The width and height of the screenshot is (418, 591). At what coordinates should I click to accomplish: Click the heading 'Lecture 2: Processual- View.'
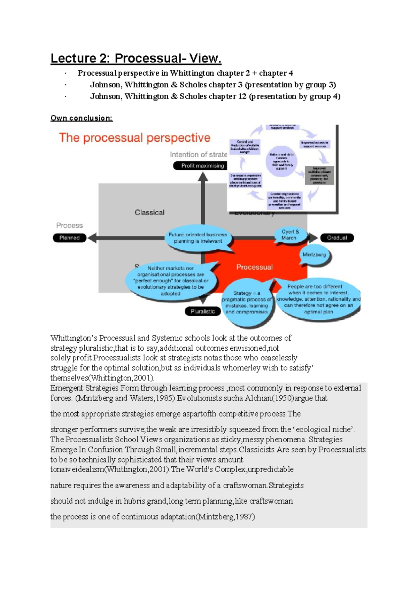pos(136,58)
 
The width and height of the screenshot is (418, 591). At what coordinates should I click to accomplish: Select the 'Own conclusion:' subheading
pos(82,118)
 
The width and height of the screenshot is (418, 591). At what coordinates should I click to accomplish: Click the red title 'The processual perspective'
pos(134,138)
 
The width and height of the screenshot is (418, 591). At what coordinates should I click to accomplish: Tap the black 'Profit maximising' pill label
pos(201,166)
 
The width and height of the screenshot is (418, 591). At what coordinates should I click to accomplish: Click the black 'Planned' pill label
pos(69,238)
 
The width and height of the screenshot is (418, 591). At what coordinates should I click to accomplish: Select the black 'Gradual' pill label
pos(337,238)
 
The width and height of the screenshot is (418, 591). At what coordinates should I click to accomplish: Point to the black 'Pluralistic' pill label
pos(203,311)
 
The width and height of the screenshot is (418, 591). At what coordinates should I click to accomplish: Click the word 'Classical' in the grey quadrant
pos(149,212)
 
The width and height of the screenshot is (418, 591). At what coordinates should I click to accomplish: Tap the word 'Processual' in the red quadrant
pos(254,267)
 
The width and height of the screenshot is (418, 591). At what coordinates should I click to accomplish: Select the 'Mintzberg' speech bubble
pos(314,255)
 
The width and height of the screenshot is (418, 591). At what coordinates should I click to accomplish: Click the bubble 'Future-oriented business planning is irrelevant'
pos(198,238)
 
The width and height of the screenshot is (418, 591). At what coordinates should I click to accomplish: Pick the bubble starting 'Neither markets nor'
pos(171,281)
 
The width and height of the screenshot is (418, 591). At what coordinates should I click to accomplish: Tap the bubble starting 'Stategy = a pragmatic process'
pos(247,302)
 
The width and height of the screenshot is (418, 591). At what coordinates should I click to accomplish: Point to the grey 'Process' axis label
pos(69,225)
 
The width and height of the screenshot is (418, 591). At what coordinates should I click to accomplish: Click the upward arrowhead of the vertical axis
pos(203,177)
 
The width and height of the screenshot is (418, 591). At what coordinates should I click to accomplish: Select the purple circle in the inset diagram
pos(281,161)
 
